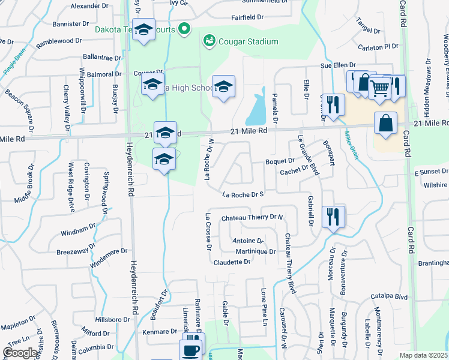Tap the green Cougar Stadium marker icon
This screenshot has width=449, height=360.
(209, 41)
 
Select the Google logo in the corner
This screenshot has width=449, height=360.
(20, 353)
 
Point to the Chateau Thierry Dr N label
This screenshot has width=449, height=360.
(252, 218)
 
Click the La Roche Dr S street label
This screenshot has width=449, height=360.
(243, 194)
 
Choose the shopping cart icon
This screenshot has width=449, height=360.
(379, 88)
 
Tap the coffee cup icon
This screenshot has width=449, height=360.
(191, 350)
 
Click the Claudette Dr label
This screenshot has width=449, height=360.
(231, 262)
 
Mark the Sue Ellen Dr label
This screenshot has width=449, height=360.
(339, 65)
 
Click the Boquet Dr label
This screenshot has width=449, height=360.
(280, 161)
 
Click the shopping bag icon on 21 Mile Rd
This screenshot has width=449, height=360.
(385, 123)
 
